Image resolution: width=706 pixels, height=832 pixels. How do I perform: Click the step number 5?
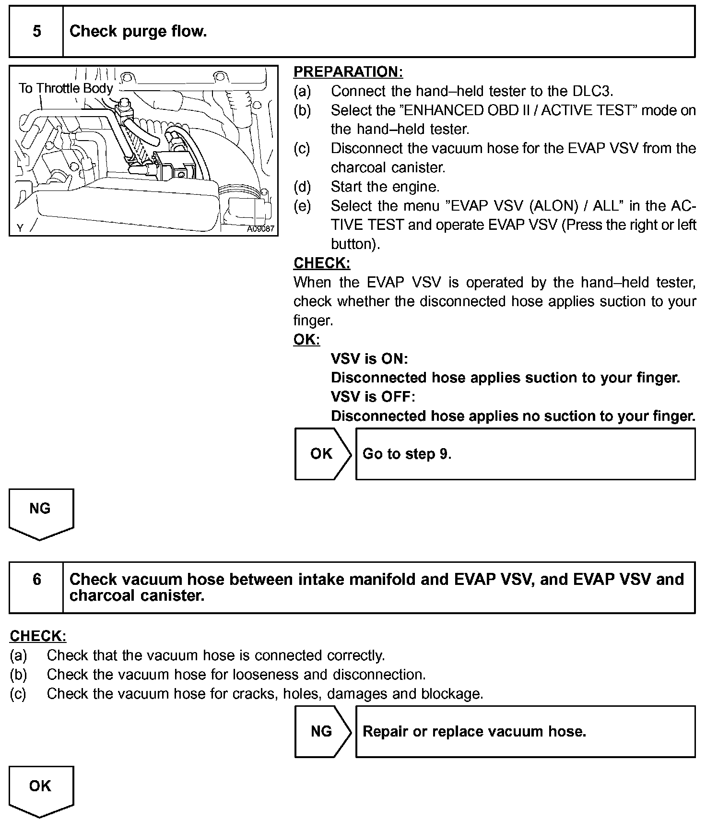click(36, 32)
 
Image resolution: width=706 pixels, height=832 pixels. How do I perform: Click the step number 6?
click(36, 580)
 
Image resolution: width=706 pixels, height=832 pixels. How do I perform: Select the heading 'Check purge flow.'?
click(138, 32)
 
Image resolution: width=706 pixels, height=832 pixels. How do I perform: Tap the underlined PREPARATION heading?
click(348, 72)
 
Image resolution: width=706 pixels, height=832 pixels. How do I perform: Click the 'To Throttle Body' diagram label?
click(66, 88)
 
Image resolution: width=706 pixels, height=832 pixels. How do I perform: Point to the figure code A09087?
click(260, 229)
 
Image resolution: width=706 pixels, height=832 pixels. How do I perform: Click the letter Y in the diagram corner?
click(20, 228)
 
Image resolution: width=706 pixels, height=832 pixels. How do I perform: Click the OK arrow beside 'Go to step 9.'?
click(321, 454)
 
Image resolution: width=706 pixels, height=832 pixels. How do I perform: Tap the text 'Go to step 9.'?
click(407, 454)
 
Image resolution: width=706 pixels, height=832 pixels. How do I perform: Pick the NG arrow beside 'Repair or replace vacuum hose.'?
click(321, 731)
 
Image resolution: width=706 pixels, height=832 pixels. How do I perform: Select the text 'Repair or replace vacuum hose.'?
click(474, 732)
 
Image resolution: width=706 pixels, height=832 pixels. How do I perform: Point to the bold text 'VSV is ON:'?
click(369, 359)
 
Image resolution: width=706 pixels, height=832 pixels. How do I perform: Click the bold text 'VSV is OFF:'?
click(373, 397)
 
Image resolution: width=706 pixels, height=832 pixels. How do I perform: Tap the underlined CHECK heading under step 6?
click(38, 636)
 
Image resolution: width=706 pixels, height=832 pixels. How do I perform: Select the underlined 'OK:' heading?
click(306, 340)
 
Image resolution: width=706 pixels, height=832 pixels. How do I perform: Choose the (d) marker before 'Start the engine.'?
click(302, 187)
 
